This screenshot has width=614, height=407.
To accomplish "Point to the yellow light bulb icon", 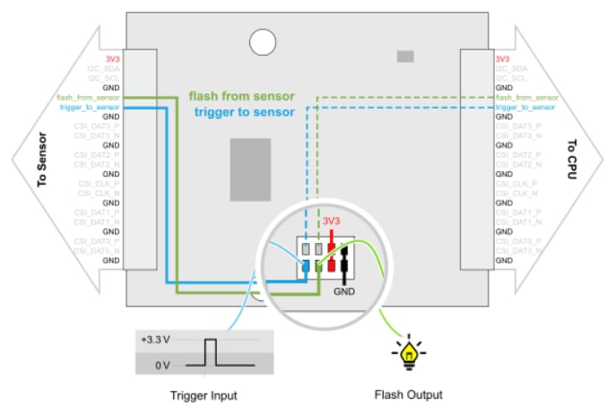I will click(409, 355).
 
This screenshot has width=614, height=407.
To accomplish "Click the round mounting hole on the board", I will click(263, 40).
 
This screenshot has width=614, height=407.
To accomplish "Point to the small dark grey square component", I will click(405, 56).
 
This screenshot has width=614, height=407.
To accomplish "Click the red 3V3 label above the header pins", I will click(333, 221).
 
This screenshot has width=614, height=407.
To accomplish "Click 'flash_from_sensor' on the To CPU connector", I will click(527, 97).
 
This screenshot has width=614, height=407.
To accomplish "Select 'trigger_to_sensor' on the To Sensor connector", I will click(90, 107).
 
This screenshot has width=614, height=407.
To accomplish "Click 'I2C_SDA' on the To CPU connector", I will click(512, 67).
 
